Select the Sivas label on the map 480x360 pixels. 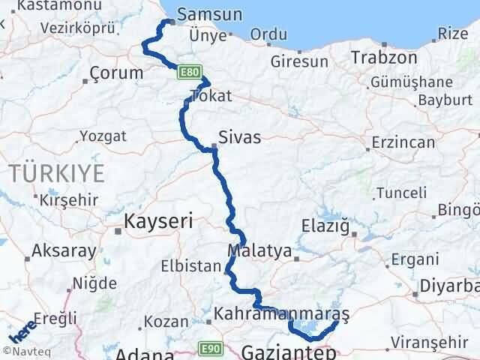[x=240, y=137]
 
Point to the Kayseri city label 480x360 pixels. [x=158, y=221]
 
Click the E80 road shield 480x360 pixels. [x=188, y=73]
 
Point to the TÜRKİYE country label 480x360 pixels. [x=58, y=172]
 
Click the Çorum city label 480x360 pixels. [x=116, y=73]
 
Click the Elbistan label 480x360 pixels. [x=192, y=265]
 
